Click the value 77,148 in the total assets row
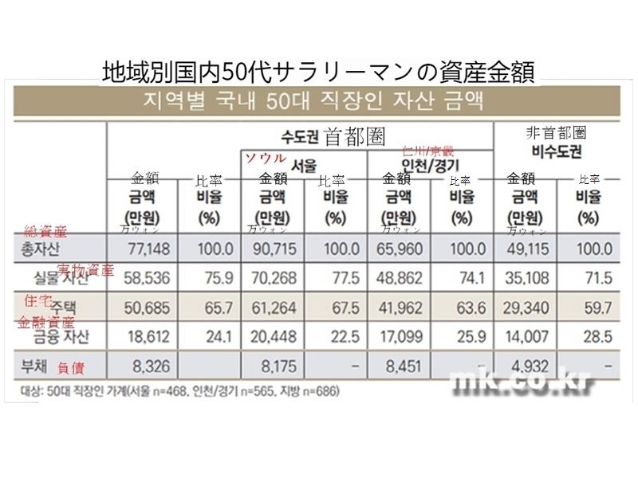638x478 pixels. coord(144,249)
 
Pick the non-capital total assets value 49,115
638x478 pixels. coord(530,249)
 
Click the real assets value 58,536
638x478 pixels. coord(144,278)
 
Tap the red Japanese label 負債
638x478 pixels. coord(71,369)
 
